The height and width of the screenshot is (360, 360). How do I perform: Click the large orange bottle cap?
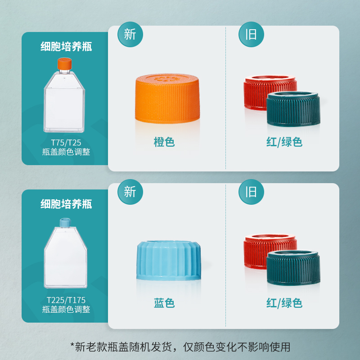[x=167, y=98]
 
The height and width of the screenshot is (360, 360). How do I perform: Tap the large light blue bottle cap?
[x=169, y=261]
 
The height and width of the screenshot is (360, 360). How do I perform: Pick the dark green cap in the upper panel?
[x=293, y=109]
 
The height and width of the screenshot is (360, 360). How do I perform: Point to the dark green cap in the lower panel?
[x=293, y=268]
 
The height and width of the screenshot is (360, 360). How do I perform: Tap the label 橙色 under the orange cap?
[x=164, y=142]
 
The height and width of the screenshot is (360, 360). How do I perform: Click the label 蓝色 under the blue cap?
[x=164, y=303]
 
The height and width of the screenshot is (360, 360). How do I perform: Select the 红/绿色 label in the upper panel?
[x=284, y=142]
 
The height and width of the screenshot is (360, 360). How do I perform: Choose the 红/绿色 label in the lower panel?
[x=284, y=303]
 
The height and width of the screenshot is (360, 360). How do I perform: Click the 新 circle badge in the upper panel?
[x=130, y=35]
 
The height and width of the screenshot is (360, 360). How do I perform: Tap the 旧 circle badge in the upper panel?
[x=251, y=35]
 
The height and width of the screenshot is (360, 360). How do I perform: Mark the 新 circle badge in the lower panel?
[x=130, y=192]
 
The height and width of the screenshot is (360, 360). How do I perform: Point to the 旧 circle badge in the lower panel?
[x=251, y=192]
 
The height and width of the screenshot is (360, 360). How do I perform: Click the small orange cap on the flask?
[x=64, y=63]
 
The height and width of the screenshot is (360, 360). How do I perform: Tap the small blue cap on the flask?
[x=65, y=223]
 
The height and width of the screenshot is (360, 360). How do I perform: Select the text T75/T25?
[x=66, y=143]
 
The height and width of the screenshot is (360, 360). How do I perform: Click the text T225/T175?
[x=66, y=300]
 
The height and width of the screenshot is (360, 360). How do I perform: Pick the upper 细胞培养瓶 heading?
[x=66, y=47]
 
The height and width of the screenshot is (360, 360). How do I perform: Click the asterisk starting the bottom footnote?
[x=72, y=345]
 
